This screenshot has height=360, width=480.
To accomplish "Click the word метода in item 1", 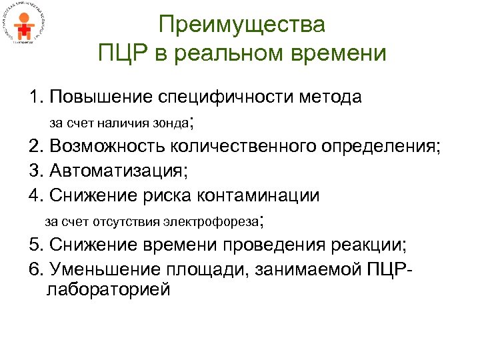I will [332, 97].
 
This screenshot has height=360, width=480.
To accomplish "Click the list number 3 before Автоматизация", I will [34, 171].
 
